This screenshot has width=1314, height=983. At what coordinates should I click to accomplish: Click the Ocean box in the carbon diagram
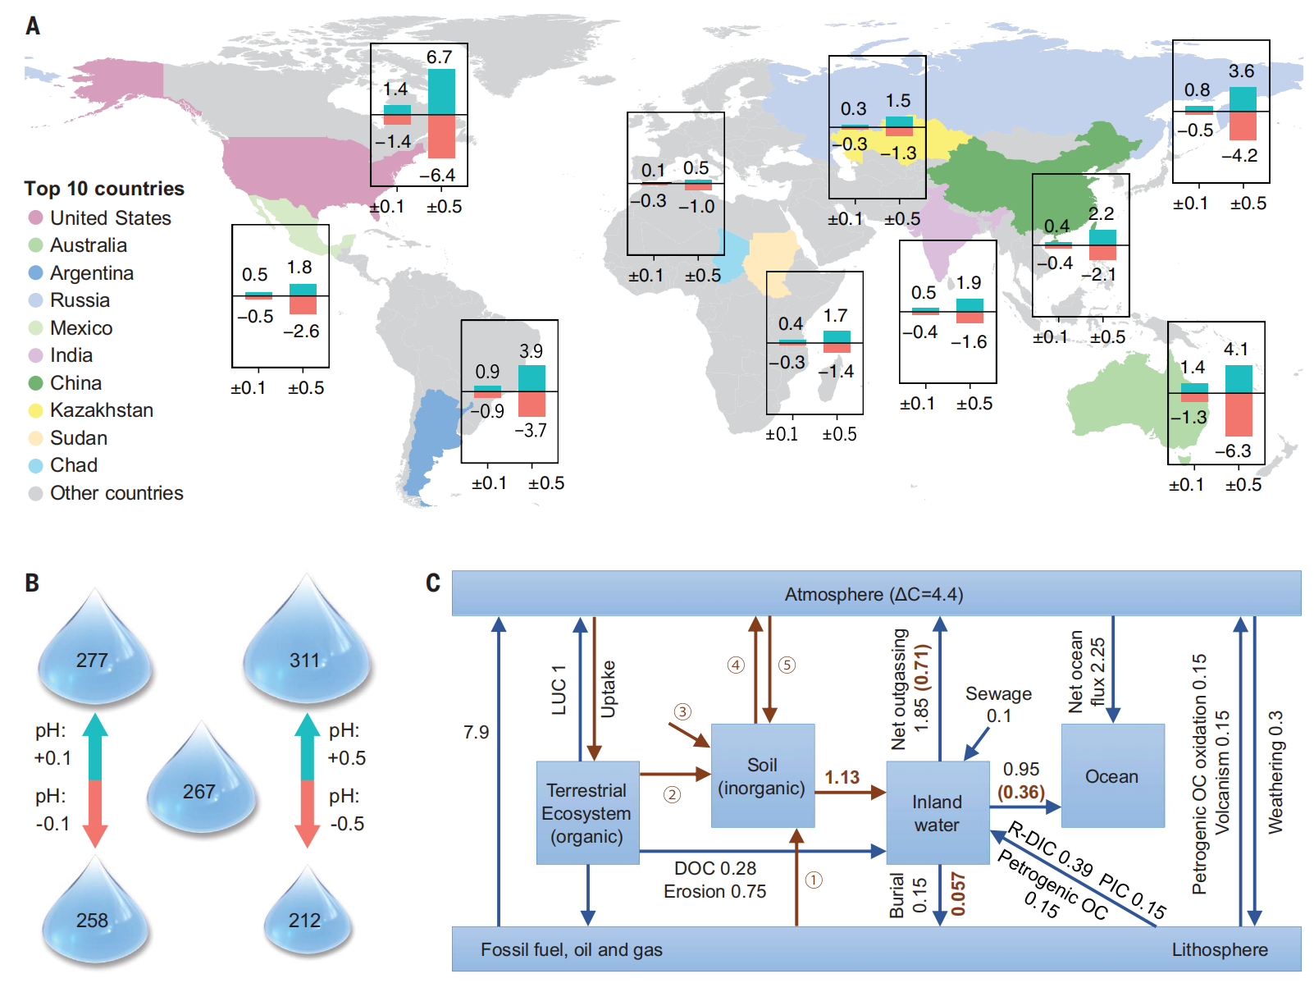coord(1112,776)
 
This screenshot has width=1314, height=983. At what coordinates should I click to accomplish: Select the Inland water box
coord(938,812)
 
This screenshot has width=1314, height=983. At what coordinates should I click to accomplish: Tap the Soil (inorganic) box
coord(762,775)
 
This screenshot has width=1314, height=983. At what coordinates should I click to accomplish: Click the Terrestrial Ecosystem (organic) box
coord(587,812)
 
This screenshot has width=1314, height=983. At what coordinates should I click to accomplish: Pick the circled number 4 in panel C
coord(736,665)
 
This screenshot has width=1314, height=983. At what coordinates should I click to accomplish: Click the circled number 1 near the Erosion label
coord(813,880)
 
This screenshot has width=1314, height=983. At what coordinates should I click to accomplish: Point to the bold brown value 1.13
coord(842,777)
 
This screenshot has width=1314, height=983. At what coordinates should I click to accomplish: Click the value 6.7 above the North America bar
coord(440,57)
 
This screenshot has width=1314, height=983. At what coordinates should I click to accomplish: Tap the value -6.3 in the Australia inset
coord(1233,451)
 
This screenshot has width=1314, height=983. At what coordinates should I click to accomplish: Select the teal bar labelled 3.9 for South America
coord(532,378)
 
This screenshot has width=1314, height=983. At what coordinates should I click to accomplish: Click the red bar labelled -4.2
coord(1242,126)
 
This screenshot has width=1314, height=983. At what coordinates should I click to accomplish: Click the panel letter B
coord(32,583)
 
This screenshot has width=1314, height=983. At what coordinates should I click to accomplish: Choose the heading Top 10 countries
coord(104,189)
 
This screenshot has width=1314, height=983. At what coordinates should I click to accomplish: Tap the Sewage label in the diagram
coord(998,694)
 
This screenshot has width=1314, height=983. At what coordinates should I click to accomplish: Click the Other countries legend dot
coord(35,493)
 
